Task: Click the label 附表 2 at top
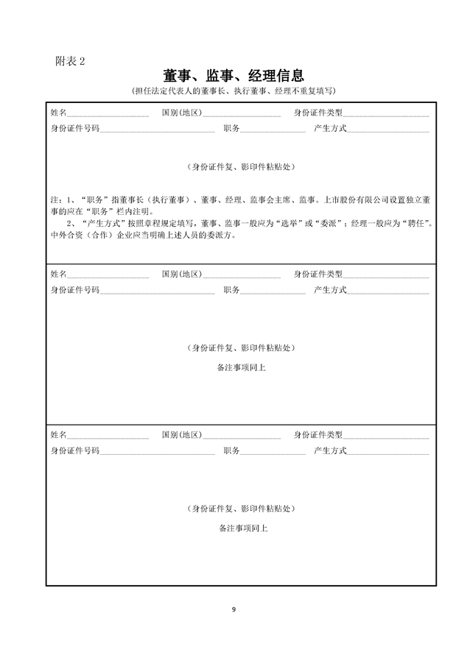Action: [x=70, y=61]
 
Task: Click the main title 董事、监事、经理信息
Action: [x=233, y=77]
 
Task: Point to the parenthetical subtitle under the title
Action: [x=233, y=91]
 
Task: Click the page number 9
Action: [x=233, y=609]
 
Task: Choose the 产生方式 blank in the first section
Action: [x=388, y=128]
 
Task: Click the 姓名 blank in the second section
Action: [x=108, y=274]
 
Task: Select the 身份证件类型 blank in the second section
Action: [x=386, y=274]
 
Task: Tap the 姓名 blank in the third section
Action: [x=108, y=435]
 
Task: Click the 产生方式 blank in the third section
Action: [x=388, y=450]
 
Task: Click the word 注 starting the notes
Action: [x=54, y=199]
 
